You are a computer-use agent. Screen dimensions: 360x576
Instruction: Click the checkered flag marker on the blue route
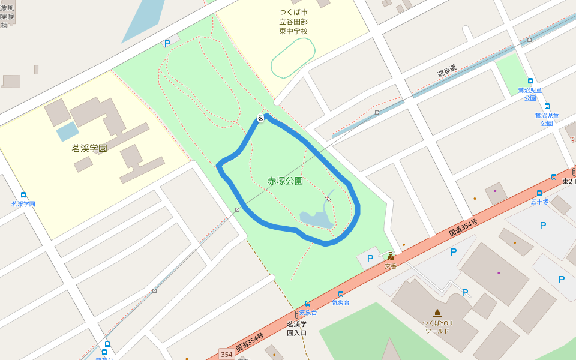click(261, 118)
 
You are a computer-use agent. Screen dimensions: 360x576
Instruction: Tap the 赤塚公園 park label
click(285, 181)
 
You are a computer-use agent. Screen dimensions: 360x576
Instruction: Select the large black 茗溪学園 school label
click(89, 148)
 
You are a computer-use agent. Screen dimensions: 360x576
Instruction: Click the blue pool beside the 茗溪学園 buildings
click(67, 131)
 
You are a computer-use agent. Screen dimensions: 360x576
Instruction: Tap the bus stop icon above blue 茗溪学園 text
click(23, 195)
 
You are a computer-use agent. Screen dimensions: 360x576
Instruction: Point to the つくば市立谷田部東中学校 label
click(293, 22)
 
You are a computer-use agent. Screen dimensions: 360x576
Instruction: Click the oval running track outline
click(293, 58)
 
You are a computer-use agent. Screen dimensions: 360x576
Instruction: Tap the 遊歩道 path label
click(446, 71)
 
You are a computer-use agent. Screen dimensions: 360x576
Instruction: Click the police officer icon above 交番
click(391, 256)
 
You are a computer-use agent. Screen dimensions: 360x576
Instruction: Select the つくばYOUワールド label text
click(437, 326)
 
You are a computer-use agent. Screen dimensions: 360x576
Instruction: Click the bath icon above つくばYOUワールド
click(437, 313)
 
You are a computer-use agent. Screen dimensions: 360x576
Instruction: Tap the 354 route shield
click(226, 355)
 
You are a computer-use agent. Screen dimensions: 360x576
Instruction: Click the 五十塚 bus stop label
click(539, 202)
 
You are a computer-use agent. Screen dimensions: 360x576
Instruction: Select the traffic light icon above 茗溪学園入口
click(296, 314)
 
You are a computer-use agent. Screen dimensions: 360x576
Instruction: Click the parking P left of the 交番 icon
click(370, 259)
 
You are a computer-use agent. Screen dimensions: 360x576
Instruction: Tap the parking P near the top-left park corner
click(167, 43)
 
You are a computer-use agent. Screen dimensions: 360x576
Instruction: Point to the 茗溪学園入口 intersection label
click(296, 328)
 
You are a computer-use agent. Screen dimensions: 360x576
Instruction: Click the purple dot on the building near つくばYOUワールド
click(498, 273)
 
